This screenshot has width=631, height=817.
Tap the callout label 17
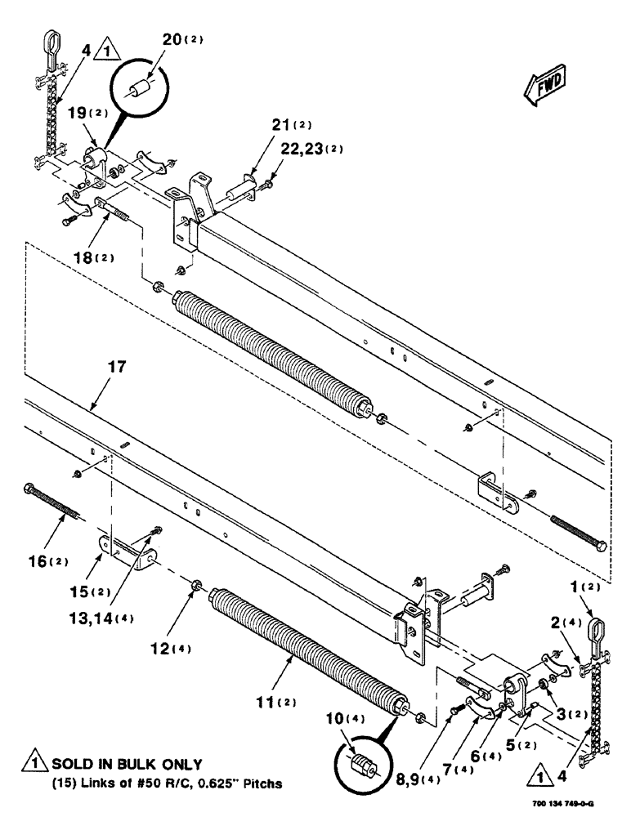point(117,368)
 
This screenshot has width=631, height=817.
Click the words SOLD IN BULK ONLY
point(127,765)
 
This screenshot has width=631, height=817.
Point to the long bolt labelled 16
point(54,501)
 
